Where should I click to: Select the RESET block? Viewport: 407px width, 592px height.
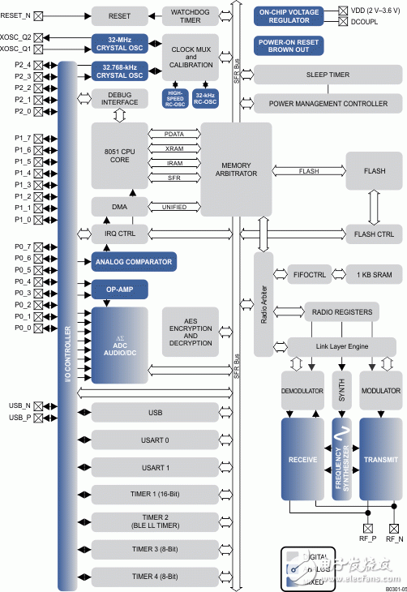[x=119, y=15]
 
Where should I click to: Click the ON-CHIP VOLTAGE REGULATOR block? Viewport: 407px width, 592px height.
[x=289, y=15]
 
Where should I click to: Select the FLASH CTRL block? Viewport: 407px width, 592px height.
[x=373, y=235]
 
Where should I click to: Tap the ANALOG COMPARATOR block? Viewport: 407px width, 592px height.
[x=134, y=261]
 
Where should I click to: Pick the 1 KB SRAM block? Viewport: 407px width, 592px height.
[x=375, y=275]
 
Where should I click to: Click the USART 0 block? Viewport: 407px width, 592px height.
[x=156, y=440]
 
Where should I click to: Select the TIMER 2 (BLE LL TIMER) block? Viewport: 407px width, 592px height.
[x=156, y=521]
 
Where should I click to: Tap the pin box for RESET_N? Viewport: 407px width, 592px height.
[x=37, y=15]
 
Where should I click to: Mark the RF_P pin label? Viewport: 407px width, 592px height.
[x=369, y=538]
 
